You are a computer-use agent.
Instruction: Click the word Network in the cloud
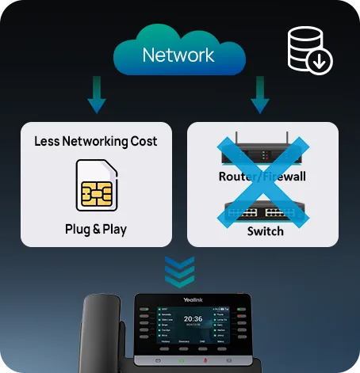178,55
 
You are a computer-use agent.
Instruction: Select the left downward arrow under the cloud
97,94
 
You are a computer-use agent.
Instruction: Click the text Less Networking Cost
96,142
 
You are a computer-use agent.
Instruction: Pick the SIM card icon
96,185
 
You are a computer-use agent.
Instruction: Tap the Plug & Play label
96,230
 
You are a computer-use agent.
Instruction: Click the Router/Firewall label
262,176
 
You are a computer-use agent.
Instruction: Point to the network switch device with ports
262,210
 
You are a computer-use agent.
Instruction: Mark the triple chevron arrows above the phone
179,271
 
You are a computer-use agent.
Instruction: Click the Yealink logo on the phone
193,299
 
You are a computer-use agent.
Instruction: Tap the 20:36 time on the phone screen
193,319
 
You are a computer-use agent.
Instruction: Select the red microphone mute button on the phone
206,361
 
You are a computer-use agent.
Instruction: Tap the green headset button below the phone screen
182,361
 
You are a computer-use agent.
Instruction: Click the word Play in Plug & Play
113,230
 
